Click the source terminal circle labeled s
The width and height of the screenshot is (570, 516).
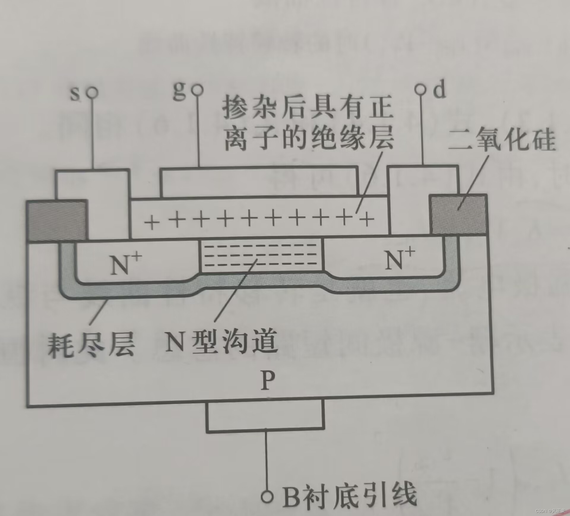(x=92, y=93)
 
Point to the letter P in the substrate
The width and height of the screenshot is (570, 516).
(x=268, y=381)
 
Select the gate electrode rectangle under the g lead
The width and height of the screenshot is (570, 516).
(x=259, y=182)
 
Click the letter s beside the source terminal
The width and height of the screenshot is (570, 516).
(x=75, y=94)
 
